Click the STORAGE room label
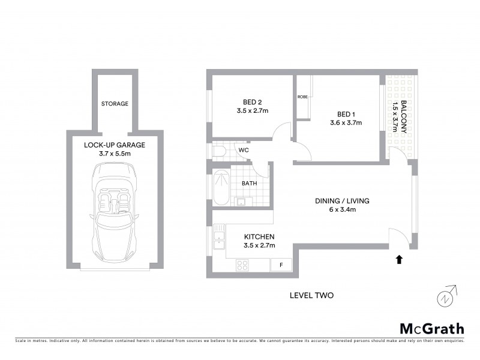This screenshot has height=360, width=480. coord(115,104)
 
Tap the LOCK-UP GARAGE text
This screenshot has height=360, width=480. coord(114,145)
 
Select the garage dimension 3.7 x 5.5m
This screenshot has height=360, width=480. coord(114,154)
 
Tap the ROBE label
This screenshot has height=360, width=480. coord(302,97)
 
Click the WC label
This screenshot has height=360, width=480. coord(244,149)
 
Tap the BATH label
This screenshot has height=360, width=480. coord(250,184)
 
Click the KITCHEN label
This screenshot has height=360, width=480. coord(259,237)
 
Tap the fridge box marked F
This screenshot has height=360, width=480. coord(280,264)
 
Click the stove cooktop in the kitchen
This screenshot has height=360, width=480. coord(244,264)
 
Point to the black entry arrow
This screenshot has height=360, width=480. coord(398,259)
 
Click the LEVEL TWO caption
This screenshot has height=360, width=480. coord(311,295)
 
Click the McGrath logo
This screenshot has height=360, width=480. coord(431,328)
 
